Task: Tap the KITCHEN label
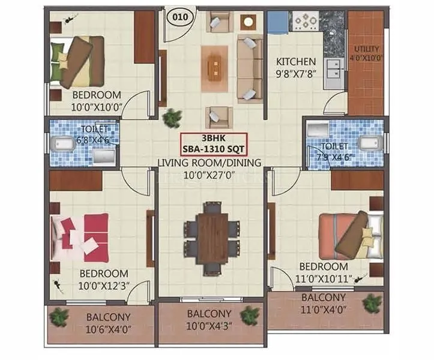[x=295, y=61]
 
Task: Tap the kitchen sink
[x=331, y=71]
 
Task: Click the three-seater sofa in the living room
[x=249, y=68]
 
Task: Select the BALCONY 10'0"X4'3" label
[x=209, y=319]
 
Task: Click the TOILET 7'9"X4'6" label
[x=334, y=151]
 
